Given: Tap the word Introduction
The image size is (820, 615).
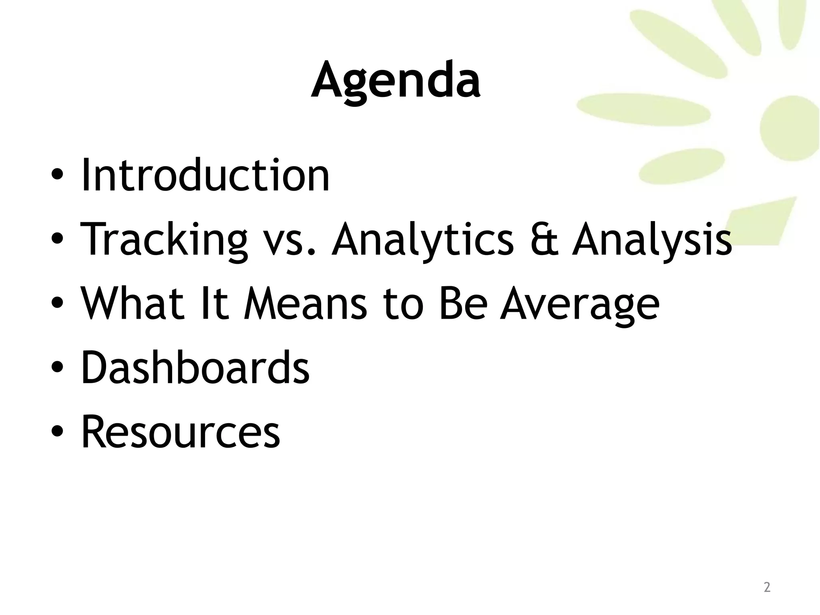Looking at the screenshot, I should pos(205,175).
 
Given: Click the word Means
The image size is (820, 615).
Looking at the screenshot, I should pos(305,303).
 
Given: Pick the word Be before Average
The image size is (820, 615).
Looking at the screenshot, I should pos(463,303).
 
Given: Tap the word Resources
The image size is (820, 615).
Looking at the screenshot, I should pos(181,432).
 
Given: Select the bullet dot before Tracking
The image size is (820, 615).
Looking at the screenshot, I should pos(57,239).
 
